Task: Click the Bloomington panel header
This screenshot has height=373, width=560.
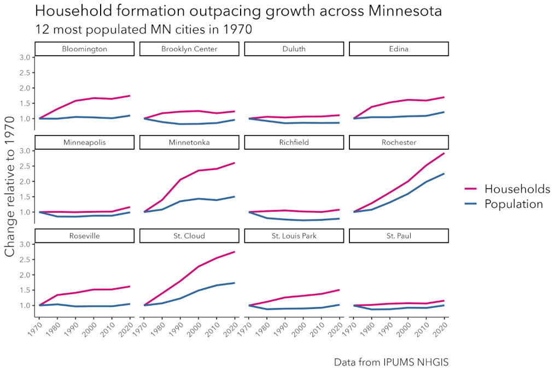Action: [84, 49]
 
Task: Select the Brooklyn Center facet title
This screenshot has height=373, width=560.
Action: [189, 49]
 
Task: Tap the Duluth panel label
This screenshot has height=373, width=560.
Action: [294, 49]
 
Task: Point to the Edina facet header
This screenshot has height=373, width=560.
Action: [399, 49]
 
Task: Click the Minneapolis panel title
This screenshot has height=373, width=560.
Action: [84, 142]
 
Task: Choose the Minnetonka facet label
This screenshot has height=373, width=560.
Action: [189, 142]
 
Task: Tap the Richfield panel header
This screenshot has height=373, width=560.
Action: [294, 142]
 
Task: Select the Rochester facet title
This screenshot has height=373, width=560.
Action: [399, 142]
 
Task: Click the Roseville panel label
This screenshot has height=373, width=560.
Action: [84, 236]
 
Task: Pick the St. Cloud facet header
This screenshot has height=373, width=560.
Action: [189, 236]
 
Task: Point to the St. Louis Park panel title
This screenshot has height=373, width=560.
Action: [294, 236]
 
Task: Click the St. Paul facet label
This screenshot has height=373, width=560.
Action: [399, 236]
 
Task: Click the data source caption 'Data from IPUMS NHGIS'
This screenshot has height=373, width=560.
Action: [390, 362]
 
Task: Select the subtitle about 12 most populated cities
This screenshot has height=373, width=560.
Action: [143, 30]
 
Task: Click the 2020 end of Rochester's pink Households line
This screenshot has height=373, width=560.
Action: [444, 153]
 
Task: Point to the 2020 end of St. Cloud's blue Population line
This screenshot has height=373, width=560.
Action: [235, 283]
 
